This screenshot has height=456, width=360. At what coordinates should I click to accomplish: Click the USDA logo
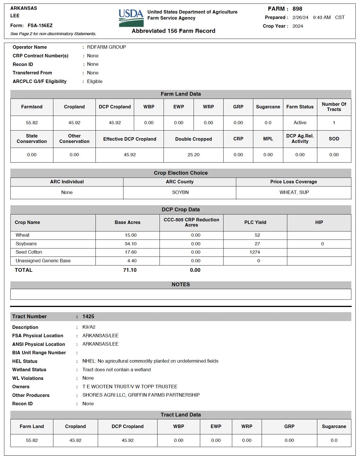[x=131, y=18]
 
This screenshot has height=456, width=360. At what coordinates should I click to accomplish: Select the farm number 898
[x=297, y=9]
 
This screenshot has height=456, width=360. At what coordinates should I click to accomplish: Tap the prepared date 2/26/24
[x=300, y=18]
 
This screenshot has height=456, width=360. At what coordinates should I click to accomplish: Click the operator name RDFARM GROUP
[x=106, y=47]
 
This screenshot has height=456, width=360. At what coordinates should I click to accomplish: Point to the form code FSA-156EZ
[x=40, y=26]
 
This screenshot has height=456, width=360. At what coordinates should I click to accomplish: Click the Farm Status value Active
[x=300, y=123]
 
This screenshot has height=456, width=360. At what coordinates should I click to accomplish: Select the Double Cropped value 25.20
[x=193, y=155]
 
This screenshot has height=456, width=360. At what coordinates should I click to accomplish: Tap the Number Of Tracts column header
[x=334, y=107]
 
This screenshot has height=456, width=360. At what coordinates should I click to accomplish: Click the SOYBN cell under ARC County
[x=180, y=193]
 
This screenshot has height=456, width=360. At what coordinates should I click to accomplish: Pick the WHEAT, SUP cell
[x=294, y=193]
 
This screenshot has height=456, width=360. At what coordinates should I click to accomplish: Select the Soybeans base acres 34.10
[x=130, y=244]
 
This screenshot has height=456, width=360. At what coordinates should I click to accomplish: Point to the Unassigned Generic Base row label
[x=43, y=261]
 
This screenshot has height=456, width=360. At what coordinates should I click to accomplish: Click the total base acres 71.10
[x=130, y=270]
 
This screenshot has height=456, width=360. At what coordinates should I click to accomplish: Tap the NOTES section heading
[x=181, y=284]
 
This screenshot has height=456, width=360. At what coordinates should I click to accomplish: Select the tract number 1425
[x=88, y=316]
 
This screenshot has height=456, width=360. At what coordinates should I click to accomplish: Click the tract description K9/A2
[x=89, y=327]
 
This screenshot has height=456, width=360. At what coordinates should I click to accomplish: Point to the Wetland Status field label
[x=29, y=370]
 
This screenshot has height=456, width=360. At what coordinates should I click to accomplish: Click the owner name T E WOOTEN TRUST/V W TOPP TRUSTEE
[x=130, y=387]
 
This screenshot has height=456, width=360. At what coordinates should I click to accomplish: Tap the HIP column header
[x=319, y=223]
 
